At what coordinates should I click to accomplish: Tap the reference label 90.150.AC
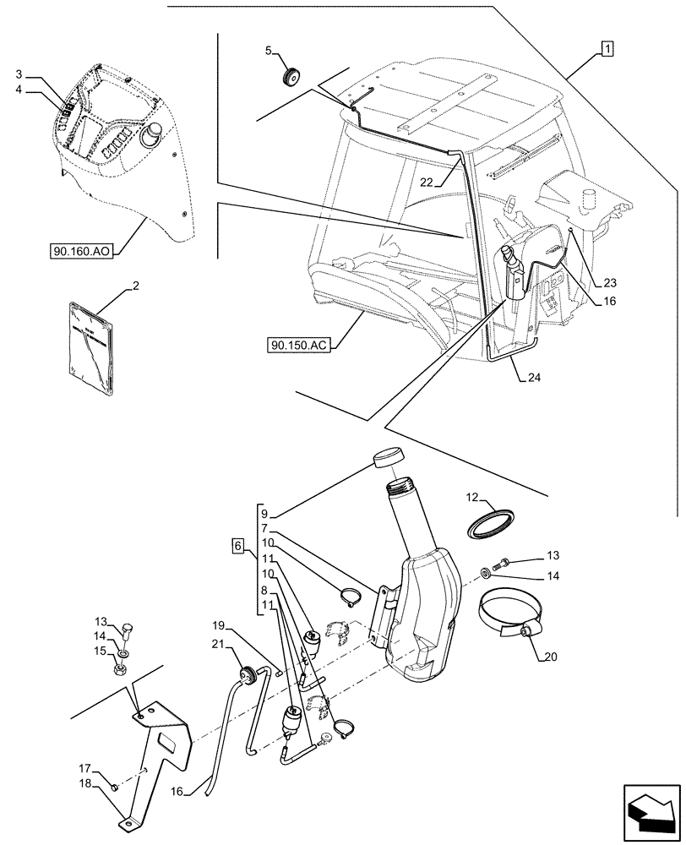click(301, 345)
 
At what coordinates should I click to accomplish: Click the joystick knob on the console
click(155, 135)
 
